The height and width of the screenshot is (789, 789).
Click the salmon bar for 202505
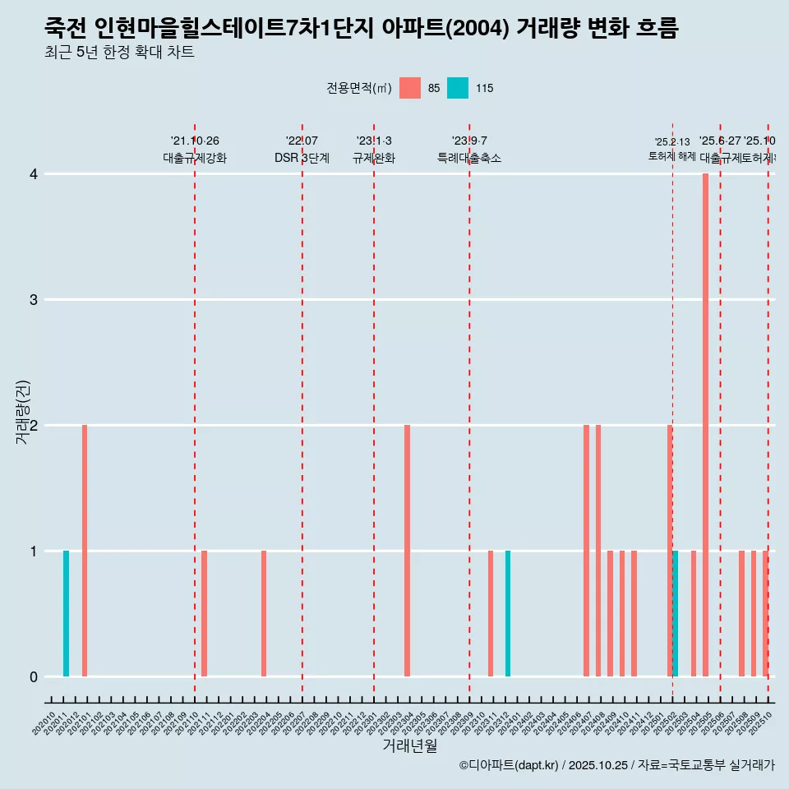705,425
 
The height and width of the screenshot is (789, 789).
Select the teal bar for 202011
66,613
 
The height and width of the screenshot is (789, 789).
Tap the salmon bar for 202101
85,551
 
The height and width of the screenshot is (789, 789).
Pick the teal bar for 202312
508,613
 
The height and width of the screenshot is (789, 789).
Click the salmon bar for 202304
407,551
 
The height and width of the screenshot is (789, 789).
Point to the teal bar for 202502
676,613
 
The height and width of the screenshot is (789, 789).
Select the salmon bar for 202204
264,613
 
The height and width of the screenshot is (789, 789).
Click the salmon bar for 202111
204,613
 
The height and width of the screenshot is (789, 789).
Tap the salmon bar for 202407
586,551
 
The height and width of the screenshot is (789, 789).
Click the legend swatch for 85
410,88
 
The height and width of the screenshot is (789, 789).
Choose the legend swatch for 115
458,88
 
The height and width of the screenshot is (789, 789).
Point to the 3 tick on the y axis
34,299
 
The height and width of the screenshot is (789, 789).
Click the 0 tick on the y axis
34,676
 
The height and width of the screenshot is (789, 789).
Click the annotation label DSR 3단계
302,158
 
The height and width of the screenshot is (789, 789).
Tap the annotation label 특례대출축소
468,158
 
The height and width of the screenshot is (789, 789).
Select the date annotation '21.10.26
195,141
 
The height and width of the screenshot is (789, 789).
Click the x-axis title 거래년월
409,745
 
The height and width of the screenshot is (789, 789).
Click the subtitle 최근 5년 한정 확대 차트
119,53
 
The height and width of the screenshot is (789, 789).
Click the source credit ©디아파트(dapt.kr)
509,765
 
